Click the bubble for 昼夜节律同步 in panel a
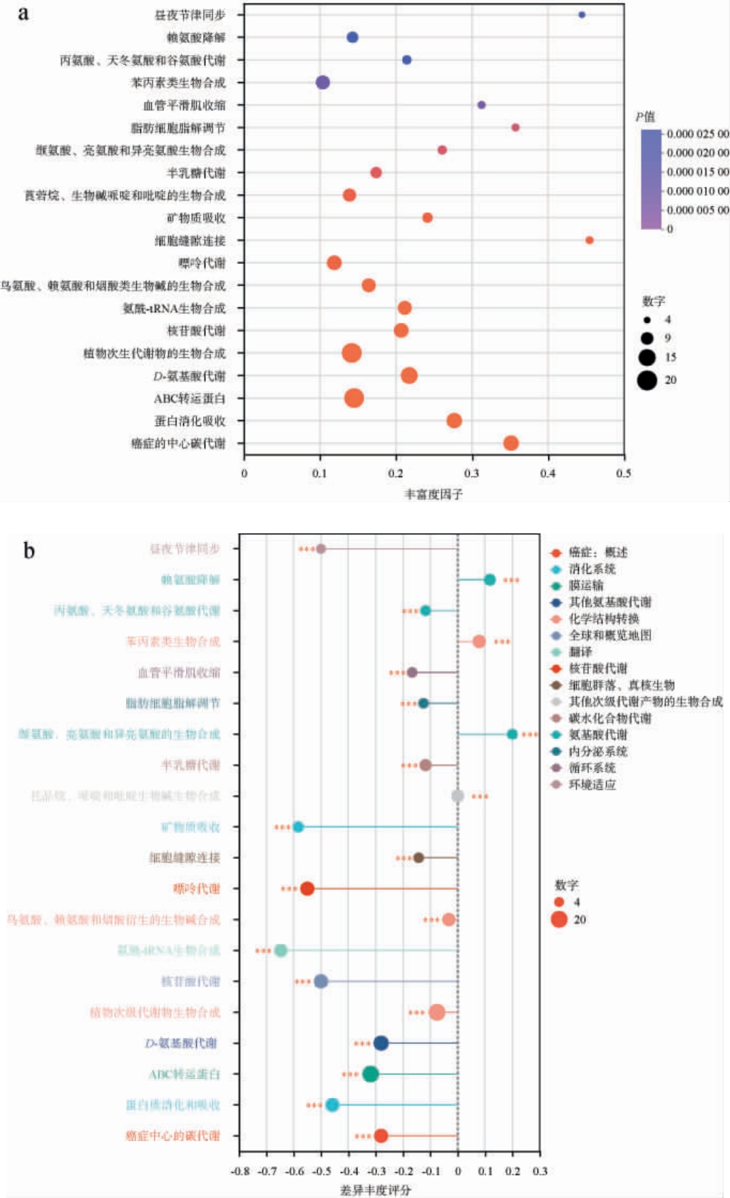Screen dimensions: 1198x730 (x=582, y=15)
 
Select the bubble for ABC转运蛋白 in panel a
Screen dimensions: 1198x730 (x=354, y=398)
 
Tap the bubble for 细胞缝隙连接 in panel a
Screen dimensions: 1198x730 (x=589, y=240)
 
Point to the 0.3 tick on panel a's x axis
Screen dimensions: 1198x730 (x=472, y=473)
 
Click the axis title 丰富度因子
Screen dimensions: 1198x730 (x=433, y=494)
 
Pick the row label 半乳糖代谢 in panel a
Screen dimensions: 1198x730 (x=196, y=173)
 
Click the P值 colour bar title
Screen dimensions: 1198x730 (x=645, y=117)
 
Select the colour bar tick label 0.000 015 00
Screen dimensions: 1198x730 (x=697, y=172)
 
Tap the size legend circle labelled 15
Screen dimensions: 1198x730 (x=647, y=357)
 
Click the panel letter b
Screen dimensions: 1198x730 (x=29, y=551)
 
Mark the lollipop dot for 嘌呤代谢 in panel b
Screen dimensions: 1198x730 (x=307, y=889)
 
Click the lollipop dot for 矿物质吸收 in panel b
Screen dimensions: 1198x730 (x=298, y=827)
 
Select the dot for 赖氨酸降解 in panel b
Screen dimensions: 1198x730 (x=490, y=580)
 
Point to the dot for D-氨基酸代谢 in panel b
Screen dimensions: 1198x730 (x=381, y=1043)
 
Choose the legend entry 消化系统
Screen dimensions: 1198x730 (x=592, y=569)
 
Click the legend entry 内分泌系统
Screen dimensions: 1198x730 (x=597, y=752)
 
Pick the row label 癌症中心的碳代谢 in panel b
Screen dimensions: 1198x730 (x=173, y=1136)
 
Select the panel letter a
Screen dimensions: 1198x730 (x=23, y=14)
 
